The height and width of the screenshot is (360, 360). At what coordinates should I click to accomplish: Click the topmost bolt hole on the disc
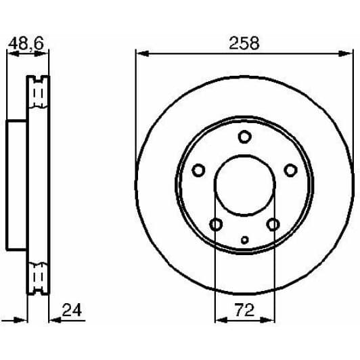(244, 137)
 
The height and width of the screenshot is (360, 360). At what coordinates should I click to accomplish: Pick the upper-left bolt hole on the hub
(198, 170)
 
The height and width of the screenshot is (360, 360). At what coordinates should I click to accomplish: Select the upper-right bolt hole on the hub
(290, 170)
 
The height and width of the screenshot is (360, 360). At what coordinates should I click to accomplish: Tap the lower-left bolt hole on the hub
(216, 224)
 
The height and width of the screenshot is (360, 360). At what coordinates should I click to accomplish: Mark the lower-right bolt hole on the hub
(273, 224)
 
